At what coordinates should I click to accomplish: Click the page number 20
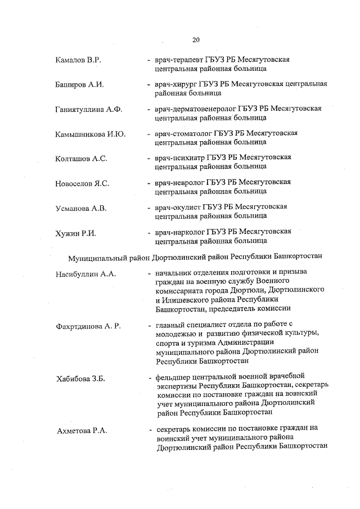click(x=196, y=39)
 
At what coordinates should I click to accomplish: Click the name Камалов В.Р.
click(x=78, y=60)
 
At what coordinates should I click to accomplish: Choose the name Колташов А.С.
click(x=82, y=158)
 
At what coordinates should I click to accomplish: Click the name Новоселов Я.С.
click(x=82, y=183)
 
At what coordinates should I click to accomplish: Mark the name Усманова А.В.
click(x=81, y=208)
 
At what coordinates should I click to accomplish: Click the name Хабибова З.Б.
click(x=82, y=379)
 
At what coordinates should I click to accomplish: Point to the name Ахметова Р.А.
click(x=82, y=430)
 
